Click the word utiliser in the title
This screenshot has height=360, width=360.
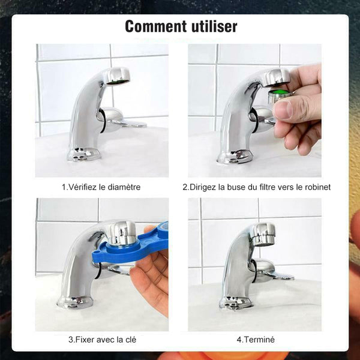[214, 26]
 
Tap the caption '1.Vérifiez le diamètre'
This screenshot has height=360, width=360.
[101, 187]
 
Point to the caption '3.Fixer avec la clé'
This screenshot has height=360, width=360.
[102, 340]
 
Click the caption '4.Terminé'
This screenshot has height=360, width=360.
[256, 340]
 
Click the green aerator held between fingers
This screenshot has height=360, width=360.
[280, 96]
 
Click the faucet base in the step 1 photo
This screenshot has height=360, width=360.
[84, 154]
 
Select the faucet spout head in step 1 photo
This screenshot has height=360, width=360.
[116, 76]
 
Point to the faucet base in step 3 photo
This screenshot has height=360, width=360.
[75, 302]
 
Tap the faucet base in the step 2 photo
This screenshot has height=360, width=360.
[235, 157]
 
